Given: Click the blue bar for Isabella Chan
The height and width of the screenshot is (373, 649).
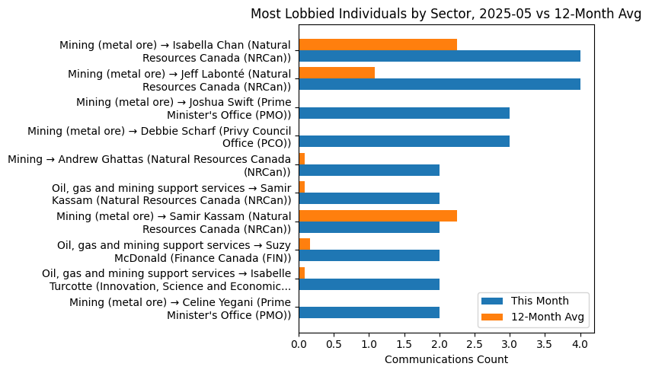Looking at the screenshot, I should tap(440, 56).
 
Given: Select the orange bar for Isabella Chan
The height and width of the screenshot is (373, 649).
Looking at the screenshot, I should tap(378, 45).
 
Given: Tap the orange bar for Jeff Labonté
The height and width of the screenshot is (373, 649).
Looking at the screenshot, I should tap(337, 73).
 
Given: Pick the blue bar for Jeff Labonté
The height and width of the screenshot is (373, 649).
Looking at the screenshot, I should tap(440, 84).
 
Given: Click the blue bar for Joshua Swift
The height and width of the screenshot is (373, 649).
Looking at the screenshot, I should tap(404, 113).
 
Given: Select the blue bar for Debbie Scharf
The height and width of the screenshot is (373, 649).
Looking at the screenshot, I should tap(404, 142).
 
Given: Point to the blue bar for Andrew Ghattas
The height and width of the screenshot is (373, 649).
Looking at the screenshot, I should tap(369, 171).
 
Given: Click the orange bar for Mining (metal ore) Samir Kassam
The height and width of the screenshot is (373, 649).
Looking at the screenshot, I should tap(378, 216).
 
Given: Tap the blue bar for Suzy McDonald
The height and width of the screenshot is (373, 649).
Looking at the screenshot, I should tap(369, 256).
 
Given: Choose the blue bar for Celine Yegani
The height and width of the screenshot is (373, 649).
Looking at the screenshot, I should tap(369, 313).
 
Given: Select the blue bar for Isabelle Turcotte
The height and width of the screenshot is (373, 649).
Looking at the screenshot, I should tap(369, 285).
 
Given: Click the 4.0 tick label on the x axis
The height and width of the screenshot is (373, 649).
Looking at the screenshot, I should tap(580, 344).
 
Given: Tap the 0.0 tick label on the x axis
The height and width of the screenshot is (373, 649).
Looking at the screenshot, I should tap(299, 344).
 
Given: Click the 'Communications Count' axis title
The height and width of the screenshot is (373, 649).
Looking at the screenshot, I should tap(446, 359).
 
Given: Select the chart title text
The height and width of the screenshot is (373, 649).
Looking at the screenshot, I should tap(446, 14).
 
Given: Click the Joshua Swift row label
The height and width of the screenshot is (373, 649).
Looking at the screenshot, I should tap(184, 108).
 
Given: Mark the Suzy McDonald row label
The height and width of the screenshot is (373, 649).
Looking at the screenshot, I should tap(174, 251).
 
